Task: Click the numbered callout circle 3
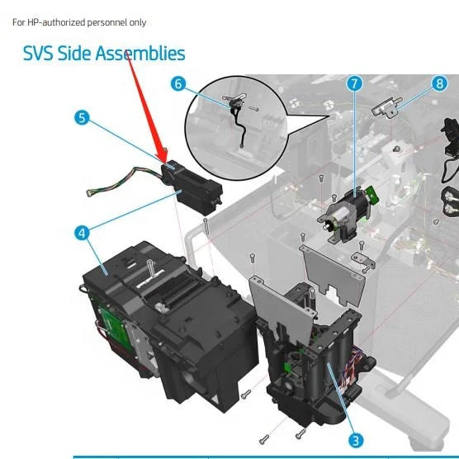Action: click(356, 440)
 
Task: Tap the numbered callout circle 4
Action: click(82, 234)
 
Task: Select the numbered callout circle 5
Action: click(82, 118)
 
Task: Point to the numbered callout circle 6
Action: click(178, 83)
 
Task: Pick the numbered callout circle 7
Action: click(354, 83)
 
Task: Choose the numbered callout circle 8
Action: click(439, 83)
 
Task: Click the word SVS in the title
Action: click(38, 54)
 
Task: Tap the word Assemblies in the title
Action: click(140, 54)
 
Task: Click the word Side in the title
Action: click(74, 54)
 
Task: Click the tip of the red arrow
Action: click(165, 162)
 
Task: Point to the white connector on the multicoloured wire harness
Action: click(89, 193)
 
